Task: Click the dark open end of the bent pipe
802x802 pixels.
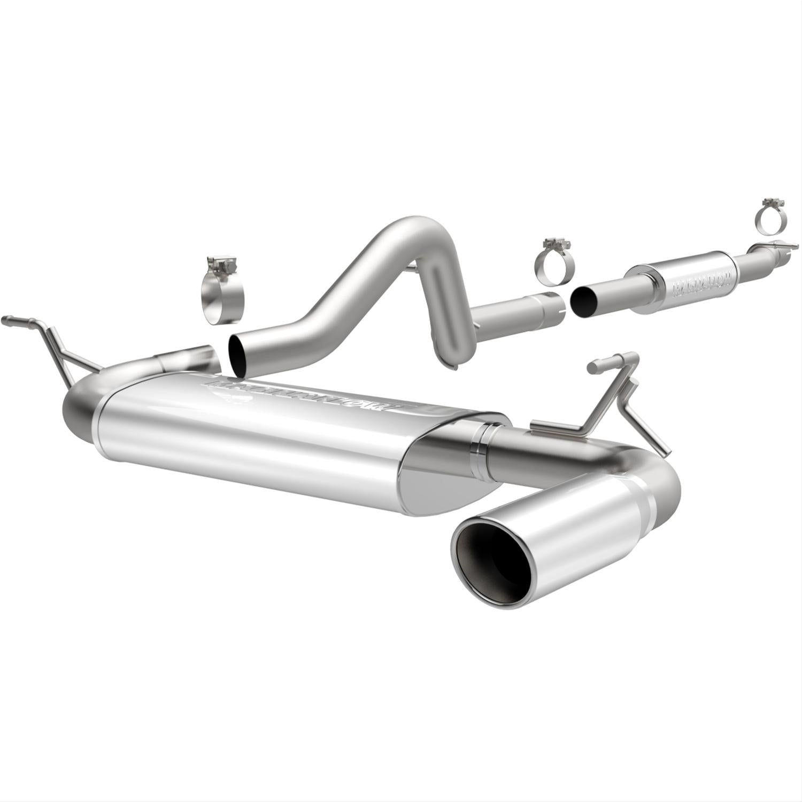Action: pos(237,353)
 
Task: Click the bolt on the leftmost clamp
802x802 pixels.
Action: pos(221,264)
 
